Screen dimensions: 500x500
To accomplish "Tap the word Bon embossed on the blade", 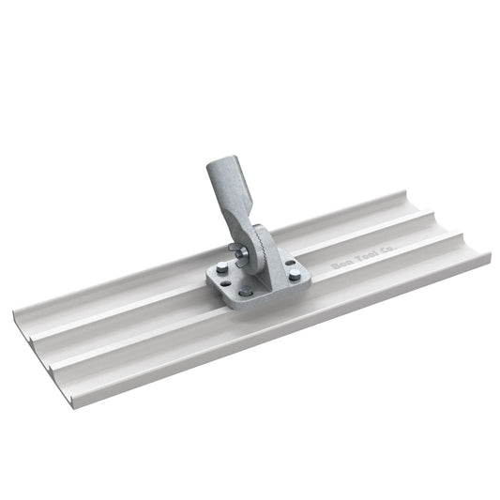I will point(340,267).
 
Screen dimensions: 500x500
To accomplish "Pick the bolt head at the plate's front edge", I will point(247,292).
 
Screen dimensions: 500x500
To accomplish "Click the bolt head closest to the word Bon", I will point(295,275).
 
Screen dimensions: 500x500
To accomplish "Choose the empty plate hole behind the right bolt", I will point(288,262).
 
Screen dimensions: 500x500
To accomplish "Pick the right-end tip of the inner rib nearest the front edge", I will point(460,235).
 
